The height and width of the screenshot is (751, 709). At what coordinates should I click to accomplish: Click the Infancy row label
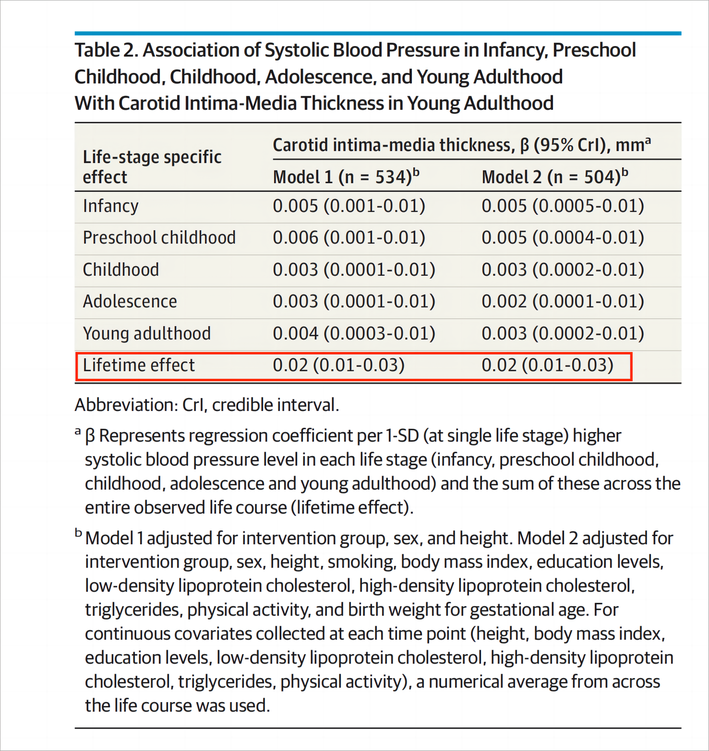pos(110,206)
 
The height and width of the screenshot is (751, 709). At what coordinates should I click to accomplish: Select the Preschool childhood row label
pos(159,238)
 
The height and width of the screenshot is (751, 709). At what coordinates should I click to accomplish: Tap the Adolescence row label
pos(130,302)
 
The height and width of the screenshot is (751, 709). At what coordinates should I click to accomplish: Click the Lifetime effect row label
pos(139,365)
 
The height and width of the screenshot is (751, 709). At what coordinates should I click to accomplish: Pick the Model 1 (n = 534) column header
pos(346,177)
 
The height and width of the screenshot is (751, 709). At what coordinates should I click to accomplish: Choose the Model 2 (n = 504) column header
pos(554,177)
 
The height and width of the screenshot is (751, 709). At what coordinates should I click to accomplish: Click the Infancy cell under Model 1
pos(349,206)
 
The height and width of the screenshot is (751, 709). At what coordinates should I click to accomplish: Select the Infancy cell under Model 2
pos(563,206)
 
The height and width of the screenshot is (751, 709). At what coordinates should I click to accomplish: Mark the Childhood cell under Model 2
pos(563,270)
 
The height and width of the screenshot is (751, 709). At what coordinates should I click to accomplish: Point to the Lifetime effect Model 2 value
pos(547,365)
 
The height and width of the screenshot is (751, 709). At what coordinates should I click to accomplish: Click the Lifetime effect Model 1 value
pos(338,365)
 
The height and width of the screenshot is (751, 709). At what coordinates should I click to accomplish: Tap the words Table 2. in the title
pos(106,50)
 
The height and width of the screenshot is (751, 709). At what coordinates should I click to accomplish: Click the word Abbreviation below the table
pos(126,405)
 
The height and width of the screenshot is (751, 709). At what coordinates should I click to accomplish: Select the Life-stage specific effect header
pos(152,166)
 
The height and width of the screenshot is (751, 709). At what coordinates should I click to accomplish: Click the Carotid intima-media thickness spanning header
pos(461,145)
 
